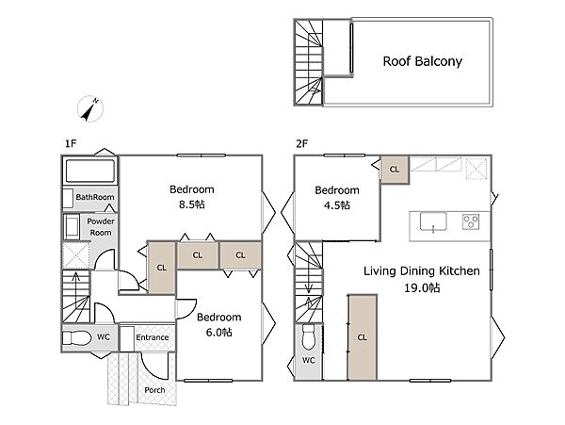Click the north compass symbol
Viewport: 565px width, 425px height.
coord(90,109)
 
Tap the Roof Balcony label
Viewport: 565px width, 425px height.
coord(422,61)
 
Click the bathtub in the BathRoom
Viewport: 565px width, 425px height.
coord(90,171)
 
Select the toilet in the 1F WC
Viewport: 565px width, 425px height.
coord(77,338)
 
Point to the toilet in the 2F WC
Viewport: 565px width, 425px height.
coord(309,336)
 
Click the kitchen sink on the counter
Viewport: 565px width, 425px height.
coord(433,221)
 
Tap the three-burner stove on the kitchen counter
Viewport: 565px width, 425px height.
coord(471,221)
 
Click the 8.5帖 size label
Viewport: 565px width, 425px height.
coord(192,204)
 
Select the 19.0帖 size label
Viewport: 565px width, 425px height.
coord(422,288)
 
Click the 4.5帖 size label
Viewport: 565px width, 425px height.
coord(337,205)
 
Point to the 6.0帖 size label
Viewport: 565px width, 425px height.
coord(219,332)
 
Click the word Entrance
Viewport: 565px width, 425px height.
coord(153,337)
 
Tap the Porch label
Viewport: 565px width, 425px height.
coord(154,390)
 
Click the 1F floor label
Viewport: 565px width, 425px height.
coord(71,143)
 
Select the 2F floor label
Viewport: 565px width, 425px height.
coord(302,143)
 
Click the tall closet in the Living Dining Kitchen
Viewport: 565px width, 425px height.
coord(363,337)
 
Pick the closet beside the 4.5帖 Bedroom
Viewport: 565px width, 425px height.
coord(395,170)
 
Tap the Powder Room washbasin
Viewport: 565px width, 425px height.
coord(72,227)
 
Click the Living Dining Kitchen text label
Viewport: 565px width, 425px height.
coord(422,271)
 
